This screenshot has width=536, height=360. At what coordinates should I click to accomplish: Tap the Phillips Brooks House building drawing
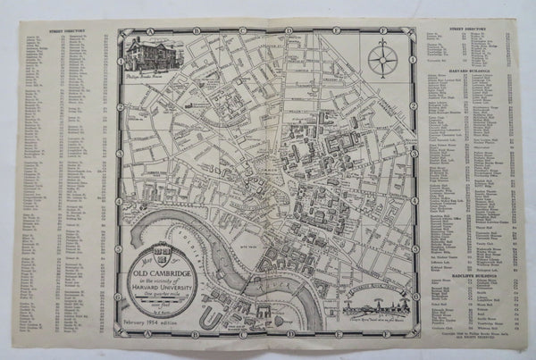(155, 54)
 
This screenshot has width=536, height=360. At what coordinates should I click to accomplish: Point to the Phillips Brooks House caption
(158, 79)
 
